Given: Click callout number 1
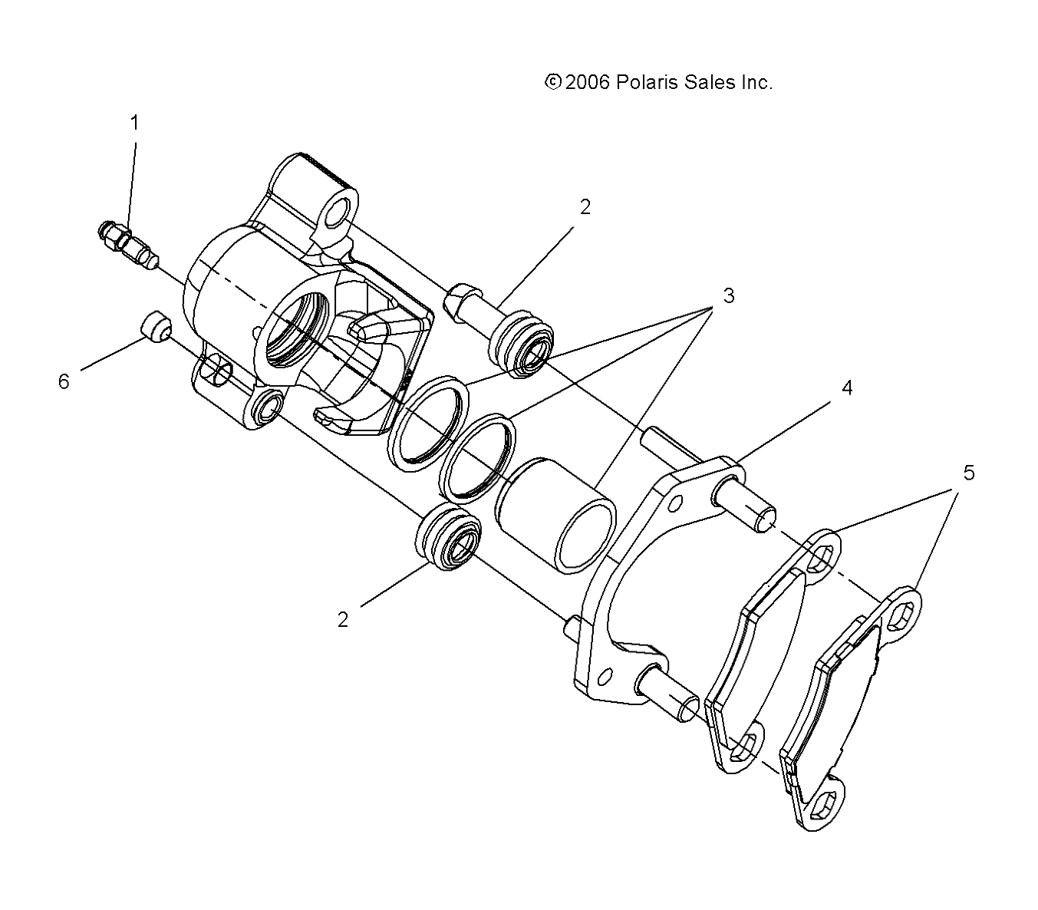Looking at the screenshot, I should click(x=135, y=123).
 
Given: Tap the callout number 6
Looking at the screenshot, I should click(x=64, y=381).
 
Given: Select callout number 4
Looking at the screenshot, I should click(x=847, y=387).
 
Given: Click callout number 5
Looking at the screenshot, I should click(x=969, y=473).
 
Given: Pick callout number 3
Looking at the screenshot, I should click(x=728, y=295).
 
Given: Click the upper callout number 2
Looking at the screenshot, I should click(x=585, y=206).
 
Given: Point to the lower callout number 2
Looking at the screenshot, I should click(x=343, y=619).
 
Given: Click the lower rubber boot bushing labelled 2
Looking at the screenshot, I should click(x=449, y=538).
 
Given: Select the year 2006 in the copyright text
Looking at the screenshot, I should click(x=588, y=83).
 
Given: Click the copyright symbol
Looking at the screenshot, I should click(x=552, y=82).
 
